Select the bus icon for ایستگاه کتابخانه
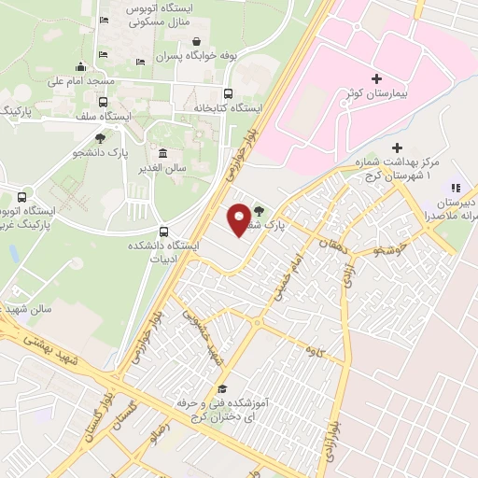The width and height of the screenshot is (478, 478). coord(229,93)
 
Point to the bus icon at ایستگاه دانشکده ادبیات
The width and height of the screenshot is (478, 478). coord(165,232)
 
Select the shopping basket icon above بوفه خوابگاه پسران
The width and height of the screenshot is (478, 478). coord(198,41)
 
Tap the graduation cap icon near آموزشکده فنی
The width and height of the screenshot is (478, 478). coord(222,388)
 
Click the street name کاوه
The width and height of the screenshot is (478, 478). coord(312,348)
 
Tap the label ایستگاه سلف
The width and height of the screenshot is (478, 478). coord(103,116)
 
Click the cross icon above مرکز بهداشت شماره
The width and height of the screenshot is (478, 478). coord(397,148)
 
